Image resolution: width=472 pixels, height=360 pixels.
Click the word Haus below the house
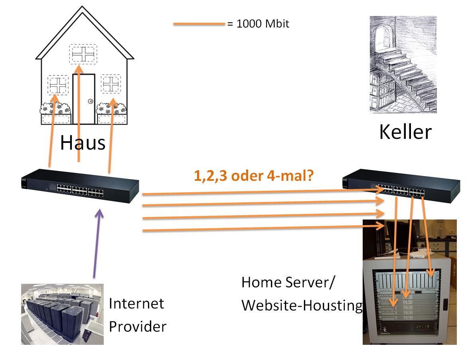[83, 143]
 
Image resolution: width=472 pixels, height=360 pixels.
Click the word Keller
[405, 131]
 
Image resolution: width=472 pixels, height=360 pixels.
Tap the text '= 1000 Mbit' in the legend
[258, 24]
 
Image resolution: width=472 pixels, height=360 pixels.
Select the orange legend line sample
[199, 24]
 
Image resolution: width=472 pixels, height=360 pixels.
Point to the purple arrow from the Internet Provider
[97, 243]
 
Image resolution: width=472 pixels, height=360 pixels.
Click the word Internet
[136, 303]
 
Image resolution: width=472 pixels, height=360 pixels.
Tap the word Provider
[137, 326]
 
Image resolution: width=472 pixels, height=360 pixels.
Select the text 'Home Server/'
[288, 282]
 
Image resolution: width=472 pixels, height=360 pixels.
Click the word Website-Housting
[302, 305]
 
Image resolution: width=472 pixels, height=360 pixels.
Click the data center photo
[62, 314]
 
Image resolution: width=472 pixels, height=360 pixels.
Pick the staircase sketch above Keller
[403, 64]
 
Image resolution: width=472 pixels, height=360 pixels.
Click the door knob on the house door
[90, 101]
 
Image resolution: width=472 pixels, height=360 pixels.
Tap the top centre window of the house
[83, 54]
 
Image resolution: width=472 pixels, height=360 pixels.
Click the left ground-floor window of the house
[58, 85]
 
